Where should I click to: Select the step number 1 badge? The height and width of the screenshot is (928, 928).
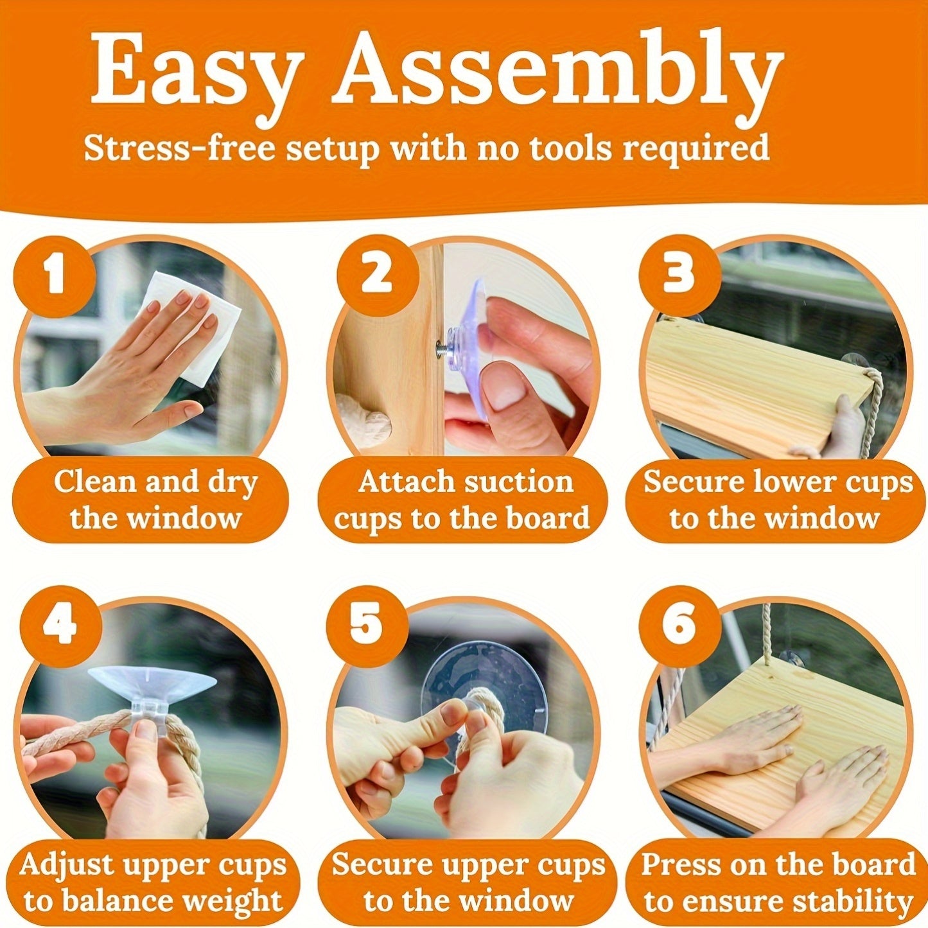tap(55, 276)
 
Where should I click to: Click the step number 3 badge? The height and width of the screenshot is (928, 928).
tap(679, 276)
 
